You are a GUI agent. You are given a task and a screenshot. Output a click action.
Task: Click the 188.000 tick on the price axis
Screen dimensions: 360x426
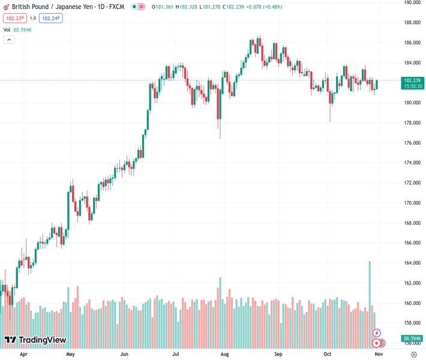[411, 23]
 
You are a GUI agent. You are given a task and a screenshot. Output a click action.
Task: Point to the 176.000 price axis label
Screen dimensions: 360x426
[411, 143]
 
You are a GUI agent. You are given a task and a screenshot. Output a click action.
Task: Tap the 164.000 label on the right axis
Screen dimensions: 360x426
[411, 263]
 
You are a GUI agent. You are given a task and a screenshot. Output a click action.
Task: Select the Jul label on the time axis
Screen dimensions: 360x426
[176, 355]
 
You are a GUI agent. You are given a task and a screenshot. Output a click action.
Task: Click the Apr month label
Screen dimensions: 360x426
[23, 355]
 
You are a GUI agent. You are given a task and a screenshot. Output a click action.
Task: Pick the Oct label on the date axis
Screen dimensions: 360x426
[327, 355]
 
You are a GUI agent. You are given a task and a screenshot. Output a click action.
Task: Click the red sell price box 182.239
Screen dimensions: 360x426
[14, 18]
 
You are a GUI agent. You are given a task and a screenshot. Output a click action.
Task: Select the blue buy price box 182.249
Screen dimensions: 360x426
[50, 18]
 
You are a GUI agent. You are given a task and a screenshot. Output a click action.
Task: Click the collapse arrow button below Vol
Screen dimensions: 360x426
[9, 40]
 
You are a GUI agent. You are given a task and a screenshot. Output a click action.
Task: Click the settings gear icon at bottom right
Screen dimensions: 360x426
[413, 355]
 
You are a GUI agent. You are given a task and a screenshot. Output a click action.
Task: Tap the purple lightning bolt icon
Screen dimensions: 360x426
[377, 332]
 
